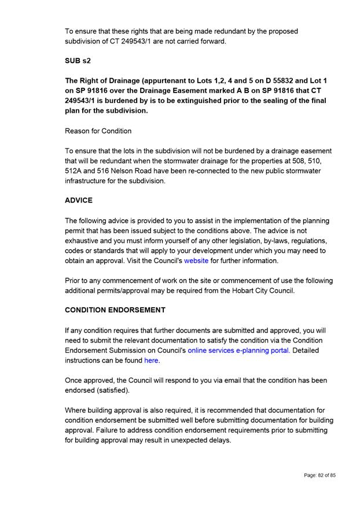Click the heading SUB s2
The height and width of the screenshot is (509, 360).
coord(78,61)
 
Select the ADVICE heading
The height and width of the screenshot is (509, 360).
coord(79,201)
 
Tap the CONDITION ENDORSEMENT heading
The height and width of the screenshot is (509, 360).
coord(115,310)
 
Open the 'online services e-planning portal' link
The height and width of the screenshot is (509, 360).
coord(238,351)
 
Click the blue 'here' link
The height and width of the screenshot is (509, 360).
coord(151,360)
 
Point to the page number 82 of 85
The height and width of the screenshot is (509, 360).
coord(319,475)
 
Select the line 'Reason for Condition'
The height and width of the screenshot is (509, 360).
coord(98,131)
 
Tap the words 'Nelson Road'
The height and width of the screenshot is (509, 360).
coord(142,171)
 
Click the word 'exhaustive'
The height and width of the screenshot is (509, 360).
coord(84,241)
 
